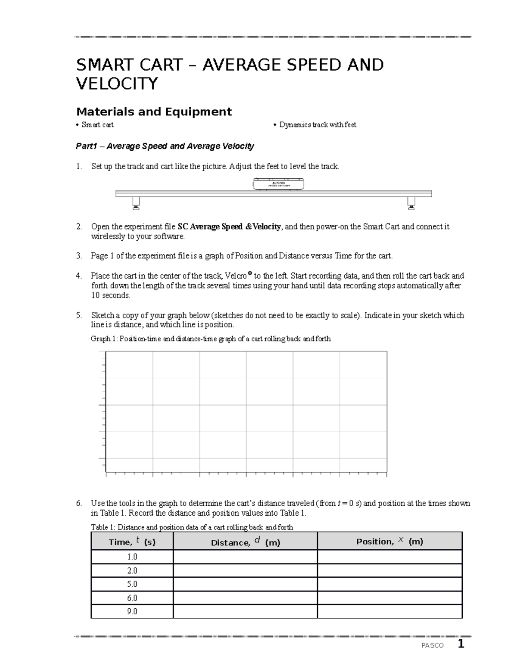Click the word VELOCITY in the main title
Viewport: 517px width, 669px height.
[117, 84]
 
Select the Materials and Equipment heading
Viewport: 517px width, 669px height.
[154, 112]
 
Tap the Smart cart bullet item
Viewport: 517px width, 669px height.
[97, 125]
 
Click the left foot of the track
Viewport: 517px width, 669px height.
[136, 203]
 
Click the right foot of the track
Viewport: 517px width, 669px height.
[411, 203]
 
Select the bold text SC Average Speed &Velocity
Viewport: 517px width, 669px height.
[229, 227]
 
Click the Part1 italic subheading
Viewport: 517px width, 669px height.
[165, 146]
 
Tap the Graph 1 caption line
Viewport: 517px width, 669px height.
[211, 339]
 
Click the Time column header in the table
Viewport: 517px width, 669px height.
[132, 541]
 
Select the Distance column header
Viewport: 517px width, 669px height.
[245, 542]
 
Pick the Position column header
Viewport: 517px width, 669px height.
[389, 541]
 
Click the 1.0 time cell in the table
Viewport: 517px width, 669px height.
[132, 557]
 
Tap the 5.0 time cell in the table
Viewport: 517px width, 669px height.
[132, 584]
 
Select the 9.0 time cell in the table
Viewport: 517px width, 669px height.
[132, 611]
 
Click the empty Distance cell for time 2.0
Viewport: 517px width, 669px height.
[245, 571]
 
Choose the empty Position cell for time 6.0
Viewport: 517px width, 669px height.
[389, 598]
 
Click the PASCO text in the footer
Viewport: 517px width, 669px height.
[432, 646]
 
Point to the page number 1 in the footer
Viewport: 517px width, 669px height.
[461, 644]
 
